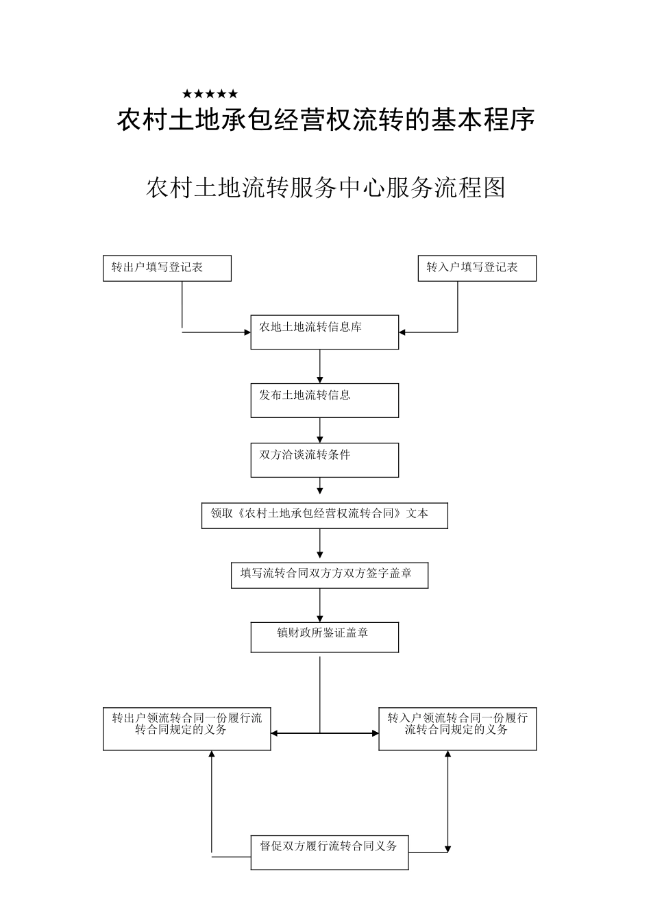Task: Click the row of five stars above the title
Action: [x=210, y=94]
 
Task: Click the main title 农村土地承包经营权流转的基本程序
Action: [x=325, y=120]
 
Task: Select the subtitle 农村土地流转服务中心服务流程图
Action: [x=325, y=187]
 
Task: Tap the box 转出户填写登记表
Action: [x=167, y=268]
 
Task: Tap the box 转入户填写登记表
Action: [x=477, y=268]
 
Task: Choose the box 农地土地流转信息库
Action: [x=324, y=332]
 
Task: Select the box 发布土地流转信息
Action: [x=324, y=400]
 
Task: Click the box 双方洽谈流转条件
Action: [x=324, y=460]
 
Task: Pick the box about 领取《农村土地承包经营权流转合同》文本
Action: [x=324, y=516]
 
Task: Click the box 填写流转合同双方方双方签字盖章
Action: [x=329, y=576]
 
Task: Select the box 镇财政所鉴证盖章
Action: [x=324, y=637]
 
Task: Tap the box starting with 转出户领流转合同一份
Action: [x=186, y=728]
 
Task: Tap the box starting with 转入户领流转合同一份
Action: [x=457, y=728]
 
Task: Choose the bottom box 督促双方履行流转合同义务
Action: [x=329, y=852]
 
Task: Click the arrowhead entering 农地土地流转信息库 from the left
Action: [x=247, y=333]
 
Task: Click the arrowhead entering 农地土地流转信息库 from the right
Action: [x=402, y=332]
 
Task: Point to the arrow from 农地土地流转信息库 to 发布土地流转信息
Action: [x=320, y=367]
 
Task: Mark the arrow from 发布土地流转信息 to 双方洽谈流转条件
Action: [x=320, y=430]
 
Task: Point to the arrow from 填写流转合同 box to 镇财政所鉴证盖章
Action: [x=320, y=605]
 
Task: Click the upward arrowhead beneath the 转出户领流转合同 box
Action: [x=211, y=754]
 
